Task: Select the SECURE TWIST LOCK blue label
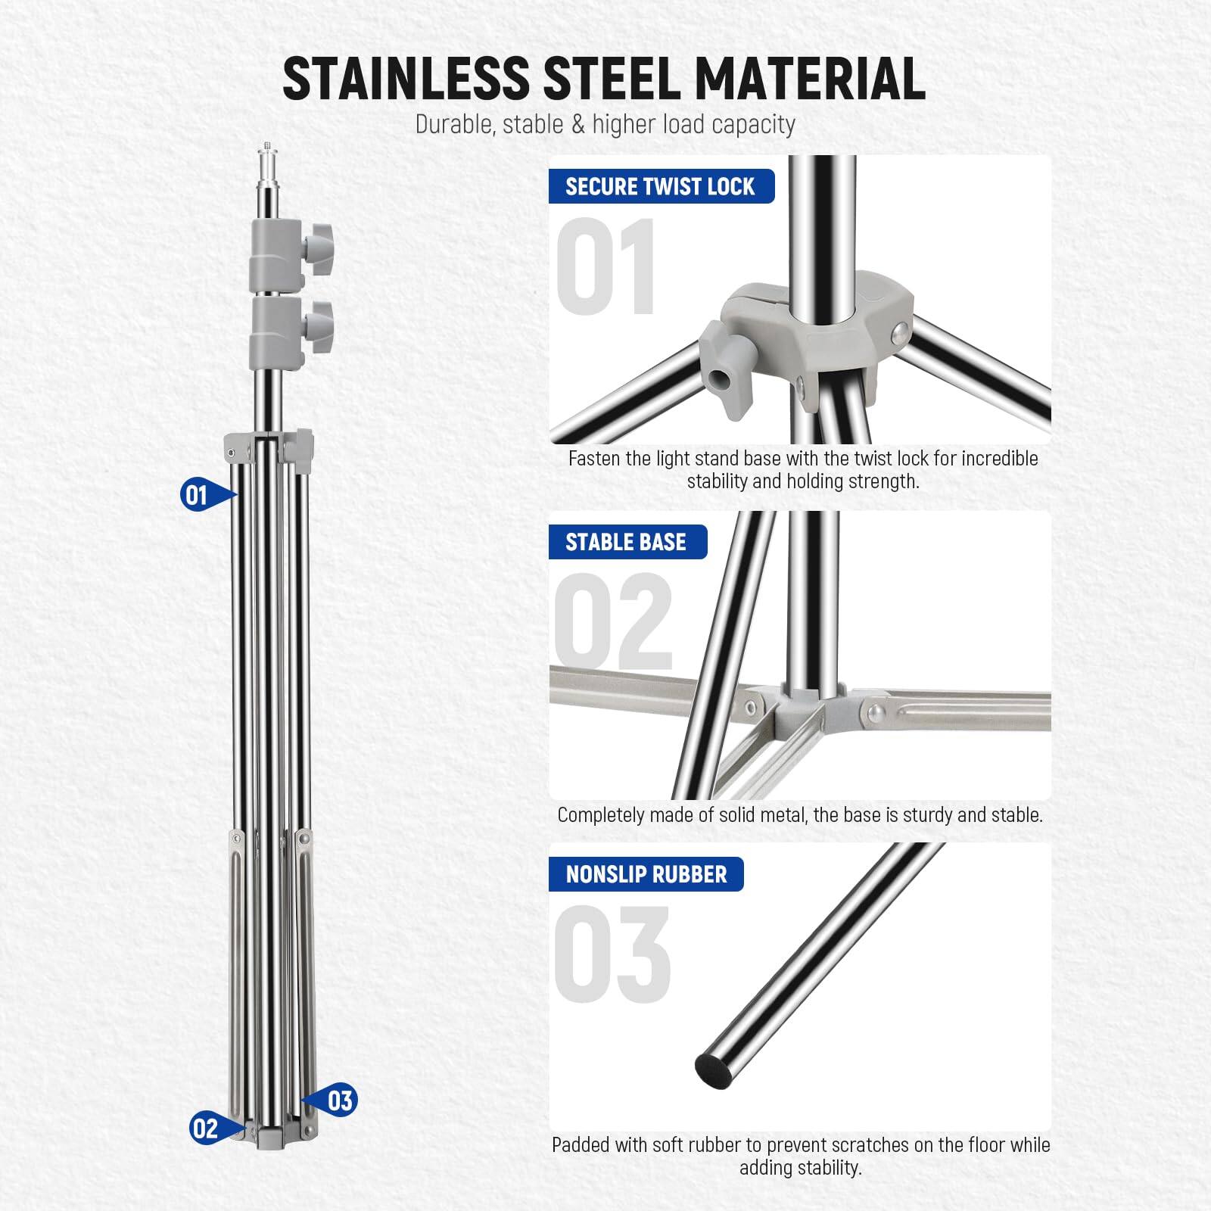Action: click(x=660, y=187)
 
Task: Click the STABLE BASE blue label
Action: click(x=626, y=542)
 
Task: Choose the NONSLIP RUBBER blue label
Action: click(x=646, y=875)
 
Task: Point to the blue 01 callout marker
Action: click(x=198, y=496)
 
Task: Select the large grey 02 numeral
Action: click(x=613, y=622)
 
